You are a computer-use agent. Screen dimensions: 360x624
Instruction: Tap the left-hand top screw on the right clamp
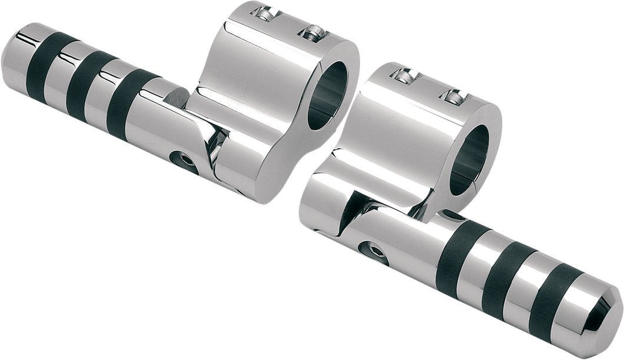(406, 75)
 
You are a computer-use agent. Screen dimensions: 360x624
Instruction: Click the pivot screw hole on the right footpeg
(370, 252)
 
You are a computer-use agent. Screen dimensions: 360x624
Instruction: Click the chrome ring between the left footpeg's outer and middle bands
(61, 73)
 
